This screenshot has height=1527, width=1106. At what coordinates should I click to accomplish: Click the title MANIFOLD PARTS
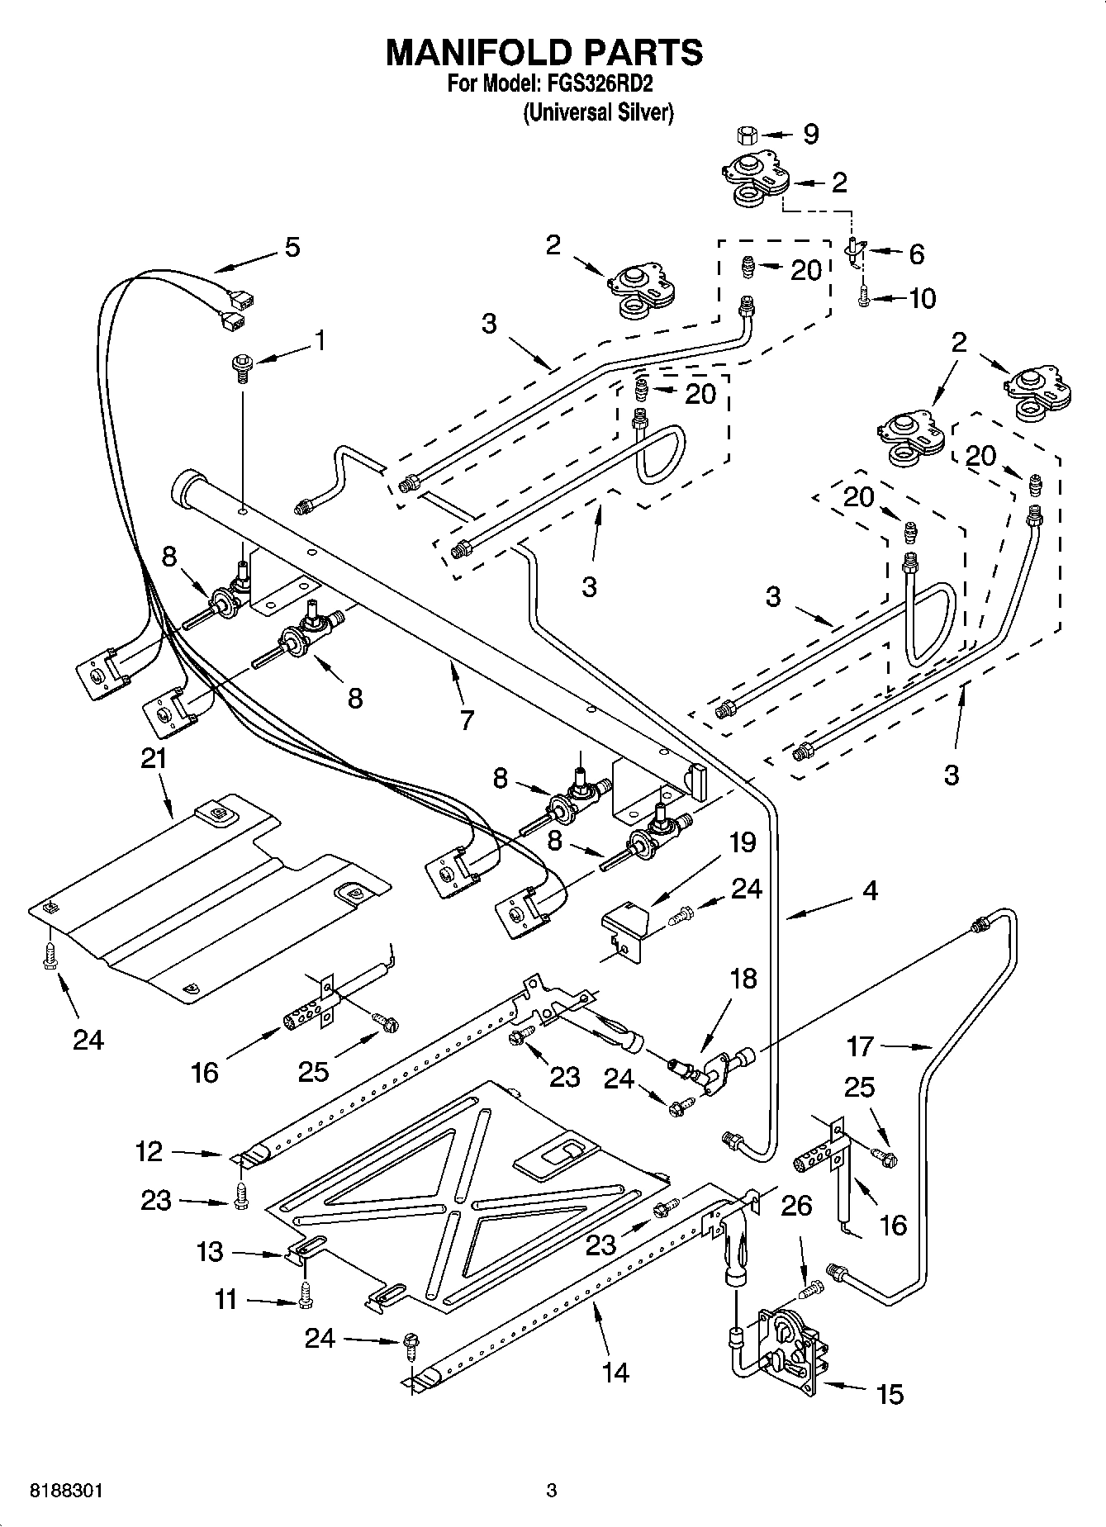click(544, 52)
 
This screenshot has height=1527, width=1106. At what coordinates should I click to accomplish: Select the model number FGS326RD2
click(597, 85)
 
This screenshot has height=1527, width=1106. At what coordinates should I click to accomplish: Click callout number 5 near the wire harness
click(292, 247)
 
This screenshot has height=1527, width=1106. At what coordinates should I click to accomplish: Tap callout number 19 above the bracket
click(742, 842)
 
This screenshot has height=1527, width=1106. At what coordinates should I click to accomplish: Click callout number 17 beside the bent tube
click(860, 1046)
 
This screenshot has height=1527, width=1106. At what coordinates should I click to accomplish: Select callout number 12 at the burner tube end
click(150, 1151)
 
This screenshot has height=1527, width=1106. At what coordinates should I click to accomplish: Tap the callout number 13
click(210, 1251)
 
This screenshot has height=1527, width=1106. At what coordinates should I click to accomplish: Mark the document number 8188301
click(66, 1491)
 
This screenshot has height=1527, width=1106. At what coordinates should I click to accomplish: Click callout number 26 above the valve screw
click(796, 1207)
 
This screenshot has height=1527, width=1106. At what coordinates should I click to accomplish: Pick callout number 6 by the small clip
click(915, 254)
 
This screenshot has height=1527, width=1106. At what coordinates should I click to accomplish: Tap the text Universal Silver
click(598, 112)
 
